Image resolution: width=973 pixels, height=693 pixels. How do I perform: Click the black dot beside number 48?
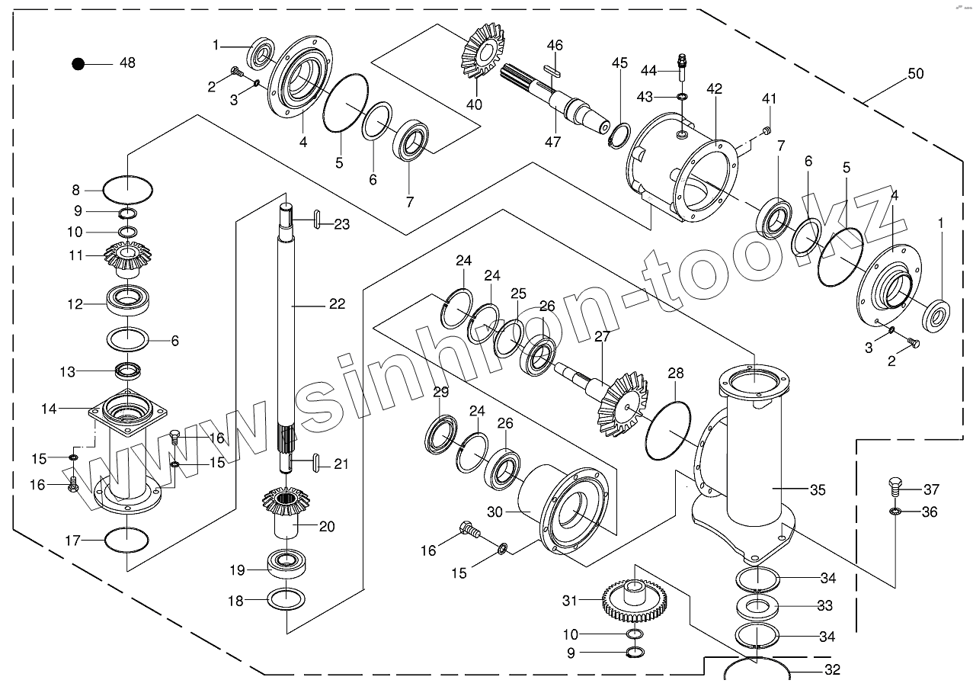(x=78, y=64)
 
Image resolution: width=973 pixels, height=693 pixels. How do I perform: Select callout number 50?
(x=915, y=74)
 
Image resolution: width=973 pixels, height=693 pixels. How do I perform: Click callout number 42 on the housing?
(x=713, y=89)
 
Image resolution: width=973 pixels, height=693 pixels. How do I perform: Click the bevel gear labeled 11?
(x=126, y=257)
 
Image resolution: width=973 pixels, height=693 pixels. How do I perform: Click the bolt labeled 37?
(x=896, y=486)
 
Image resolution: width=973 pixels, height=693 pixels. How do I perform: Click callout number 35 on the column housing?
(x=817, y=489)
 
